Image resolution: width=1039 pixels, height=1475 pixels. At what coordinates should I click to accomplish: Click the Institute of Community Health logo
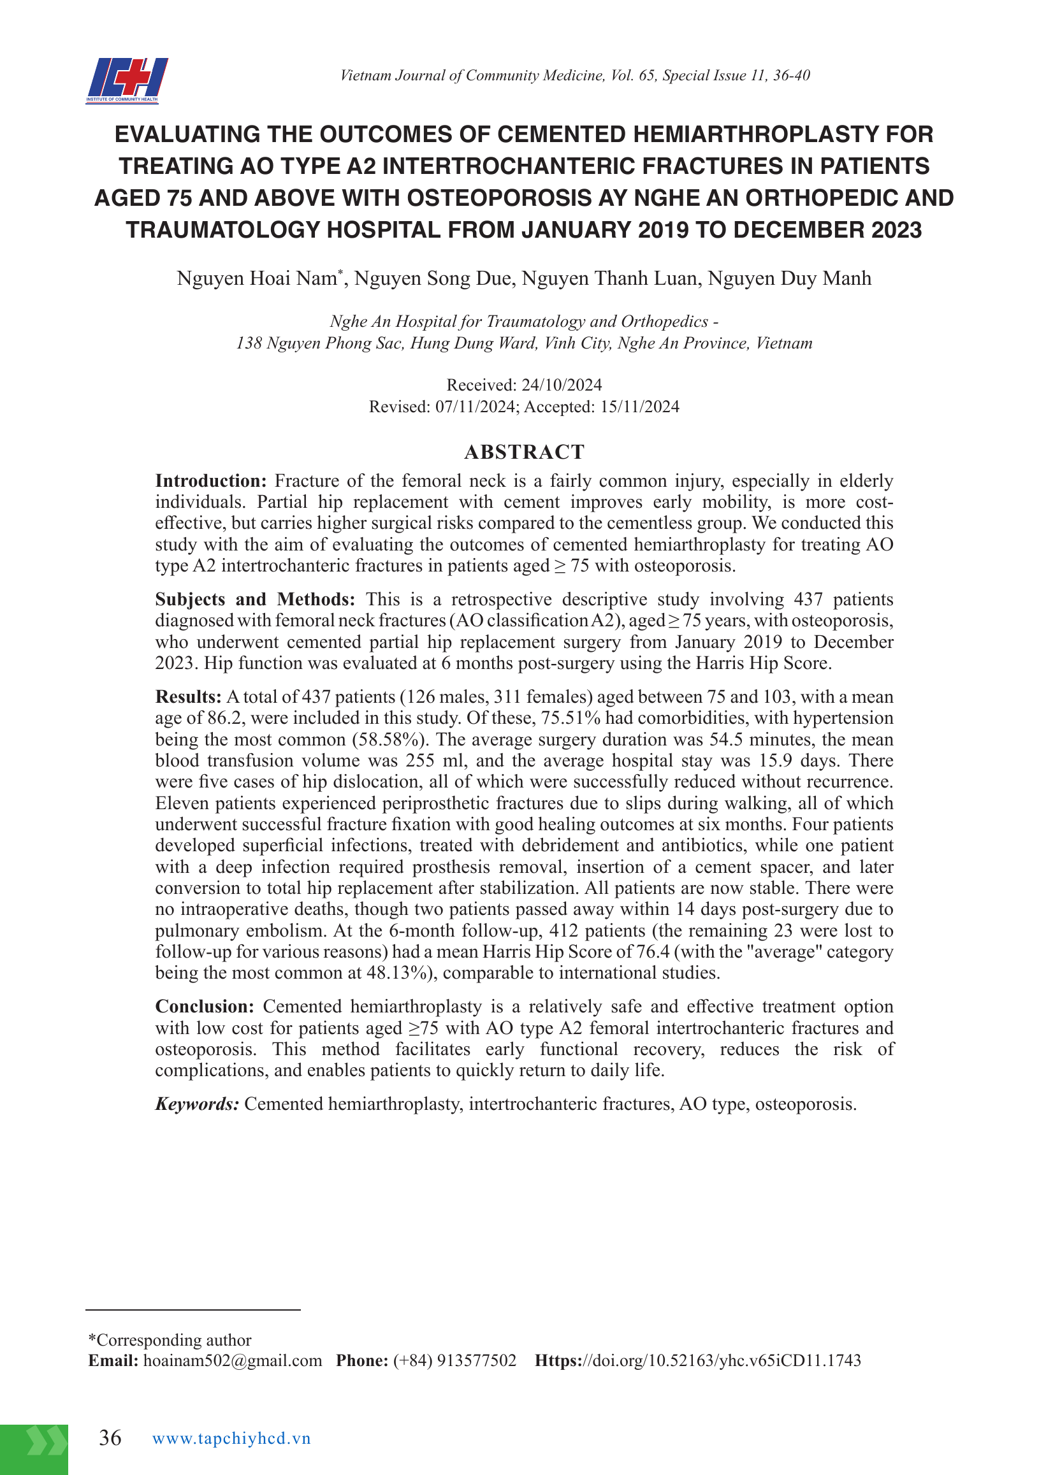127,80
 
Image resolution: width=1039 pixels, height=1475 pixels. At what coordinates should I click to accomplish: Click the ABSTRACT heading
524,452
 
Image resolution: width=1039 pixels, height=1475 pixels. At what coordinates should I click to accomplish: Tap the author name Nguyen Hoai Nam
257,278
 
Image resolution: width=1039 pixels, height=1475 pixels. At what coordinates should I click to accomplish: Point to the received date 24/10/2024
562,385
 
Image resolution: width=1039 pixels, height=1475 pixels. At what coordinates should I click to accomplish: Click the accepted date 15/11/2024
639,407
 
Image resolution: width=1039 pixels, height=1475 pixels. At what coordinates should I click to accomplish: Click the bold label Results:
188,696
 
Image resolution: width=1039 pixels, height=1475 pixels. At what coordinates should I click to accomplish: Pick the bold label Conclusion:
205,1006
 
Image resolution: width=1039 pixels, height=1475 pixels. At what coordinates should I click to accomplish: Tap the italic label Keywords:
196,1104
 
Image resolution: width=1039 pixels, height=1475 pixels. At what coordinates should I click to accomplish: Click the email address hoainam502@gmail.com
232,1360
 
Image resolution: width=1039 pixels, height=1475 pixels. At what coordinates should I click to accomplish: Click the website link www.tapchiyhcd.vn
231,1439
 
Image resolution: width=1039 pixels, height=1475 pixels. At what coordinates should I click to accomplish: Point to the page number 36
110,1438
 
